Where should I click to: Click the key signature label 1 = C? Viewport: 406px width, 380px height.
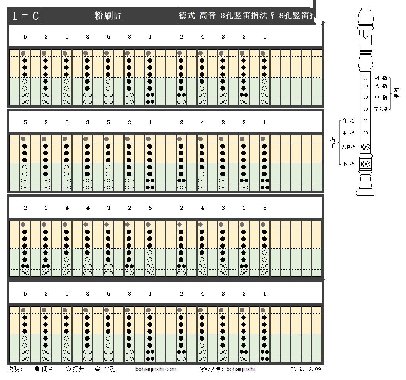tap(25, 16)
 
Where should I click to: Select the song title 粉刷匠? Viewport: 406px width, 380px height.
tap(108, 16)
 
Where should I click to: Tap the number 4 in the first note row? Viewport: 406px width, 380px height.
tap(202, 37)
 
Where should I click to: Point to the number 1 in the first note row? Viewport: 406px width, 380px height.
tap(150, 37)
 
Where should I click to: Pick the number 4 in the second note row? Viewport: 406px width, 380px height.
tap(202, 123)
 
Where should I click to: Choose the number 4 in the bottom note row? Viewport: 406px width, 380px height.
tap(202, 294)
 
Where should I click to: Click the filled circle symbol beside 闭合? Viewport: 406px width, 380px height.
tap(37, 369)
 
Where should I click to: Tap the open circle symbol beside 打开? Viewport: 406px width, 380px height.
tap(68, 369)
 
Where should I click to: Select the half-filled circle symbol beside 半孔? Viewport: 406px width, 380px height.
tap(98, 369)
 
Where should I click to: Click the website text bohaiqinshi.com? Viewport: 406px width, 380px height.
tap(156, 369)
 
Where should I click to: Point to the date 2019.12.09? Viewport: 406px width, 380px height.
tap(305, 369)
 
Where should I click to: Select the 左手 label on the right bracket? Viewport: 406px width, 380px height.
tap(396, 93)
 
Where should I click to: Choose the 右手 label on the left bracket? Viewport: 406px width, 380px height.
tap(332, 142)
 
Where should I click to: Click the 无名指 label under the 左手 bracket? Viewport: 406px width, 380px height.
tap(381, 110)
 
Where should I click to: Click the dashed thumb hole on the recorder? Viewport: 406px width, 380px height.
tap(365, 78)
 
